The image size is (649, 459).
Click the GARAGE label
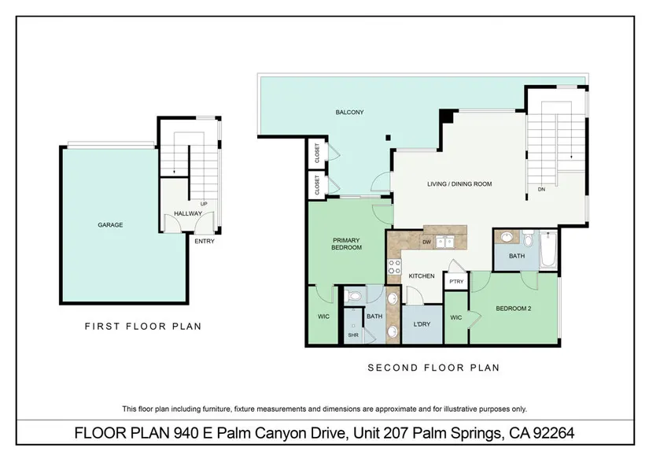[x=110, y=225]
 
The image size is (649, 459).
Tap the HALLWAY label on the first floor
[x=188, y=213]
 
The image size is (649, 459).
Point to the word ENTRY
[x=205, y=241]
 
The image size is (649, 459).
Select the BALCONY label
[x=350, y=113]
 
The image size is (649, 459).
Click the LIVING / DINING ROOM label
[x=459, y=184]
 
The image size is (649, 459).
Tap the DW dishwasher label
[x=426, y=242]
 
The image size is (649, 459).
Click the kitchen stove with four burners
[x=394, y=266]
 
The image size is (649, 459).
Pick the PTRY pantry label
[x=456, y=282]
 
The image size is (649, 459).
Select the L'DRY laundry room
[x=422, y=324]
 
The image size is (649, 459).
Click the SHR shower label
[x=353, y=335]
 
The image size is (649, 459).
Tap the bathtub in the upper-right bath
[x=548, y=250]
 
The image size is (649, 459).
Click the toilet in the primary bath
[x=354, y=296]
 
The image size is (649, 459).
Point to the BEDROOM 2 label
[x=513, y=309]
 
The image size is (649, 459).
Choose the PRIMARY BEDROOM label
[x=346, y=243]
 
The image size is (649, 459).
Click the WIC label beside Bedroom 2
[x=455, y=318]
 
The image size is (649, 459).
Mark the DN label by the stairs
[x=541, y=189]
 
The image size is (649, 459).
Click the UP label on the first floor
[x=204, y=204]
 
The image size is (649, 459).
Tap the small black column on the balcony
[x=388, y=138]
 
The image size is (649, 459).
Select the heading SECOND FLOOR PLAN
[x=433, y=368]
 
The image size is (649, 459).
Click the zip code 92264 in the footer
[x=553, y=433]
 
